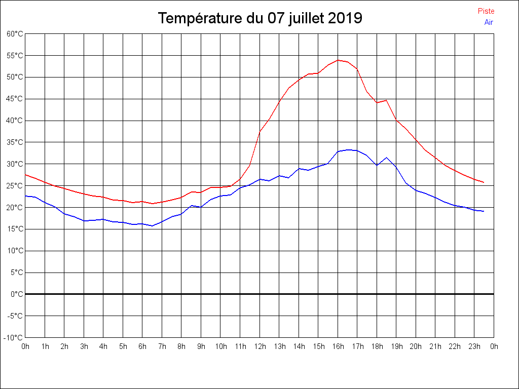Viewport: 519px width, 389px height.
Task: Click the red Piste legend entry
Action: tap(486, 11)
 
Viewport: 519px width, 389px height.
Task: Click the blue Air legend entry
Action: tap(489, 22)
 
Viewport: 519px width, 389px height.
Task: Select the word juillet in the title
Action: tap(306, 18)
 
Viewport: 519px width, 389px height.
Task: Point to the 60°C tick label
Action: tap(15, 34)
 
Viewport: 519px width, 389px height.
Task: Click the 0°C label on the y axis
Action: tap(17, 294)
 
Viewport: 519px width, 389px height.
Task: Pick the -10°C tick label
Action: tap(14, 337)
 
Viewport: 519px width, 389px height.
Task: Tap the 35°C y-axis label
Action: tap(15, 142)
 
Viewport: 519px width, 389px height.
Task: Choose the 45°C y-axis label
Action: tap(15, 99)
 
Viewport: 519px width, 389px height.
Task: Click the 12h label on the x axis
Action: tap(259, 347)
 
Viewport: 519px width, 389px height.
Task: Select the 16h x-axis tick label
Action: tap(338, 347)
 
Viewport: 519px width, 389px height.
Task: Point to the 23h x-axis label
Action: tap(474, 347)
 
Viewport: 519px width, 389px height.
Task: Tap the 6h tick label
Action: tap(142, 347)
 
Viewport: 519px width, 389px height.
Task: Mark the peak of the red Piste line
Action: tap(338, 60)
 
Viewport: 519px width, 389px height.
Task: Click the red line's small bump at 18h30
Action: tap(387, 100)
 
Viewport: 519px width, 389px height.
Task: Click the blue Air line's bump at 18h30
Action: tap(387, 158)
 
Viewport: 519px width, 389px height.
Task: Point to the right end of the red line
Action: tap(484, 182)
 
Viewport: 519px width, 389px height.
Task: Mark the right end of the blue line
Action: tap(484, 211)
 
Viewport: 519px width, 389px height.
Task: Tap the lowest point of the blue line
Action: tap(152, 226)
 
